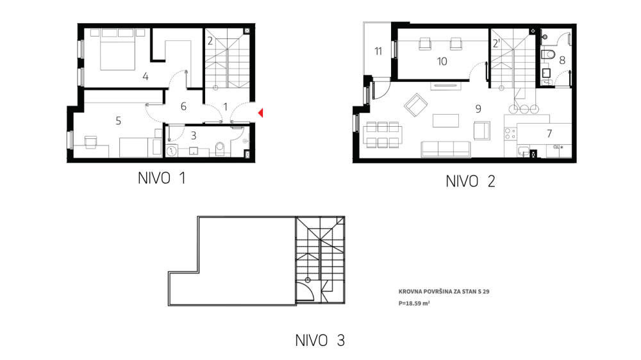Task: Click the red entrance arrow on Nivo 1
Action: click(261, 113)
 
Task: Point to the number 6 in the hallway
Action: click(183, 106)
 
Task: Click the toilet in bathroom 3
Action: click(221, 149)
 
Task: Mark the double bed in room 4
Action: click(117, 50)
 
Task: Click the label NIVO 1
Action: click(162, 179)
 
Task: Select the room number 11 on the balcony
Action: click(378, 51)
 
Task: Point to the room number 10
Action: click(442, 61)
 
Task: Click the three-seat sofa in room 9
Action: click(445, 149)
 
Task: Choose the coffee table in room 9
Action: click(445, 120)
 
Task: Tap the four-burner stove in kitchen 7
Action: click(512, 134)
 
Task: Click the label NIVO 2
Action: click(470, 181)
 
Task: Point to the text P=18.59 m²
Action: click(413, 304)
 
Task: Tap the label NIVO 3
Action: click(320, 340)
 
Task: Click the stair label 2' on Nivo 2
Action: click(496, 44)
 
